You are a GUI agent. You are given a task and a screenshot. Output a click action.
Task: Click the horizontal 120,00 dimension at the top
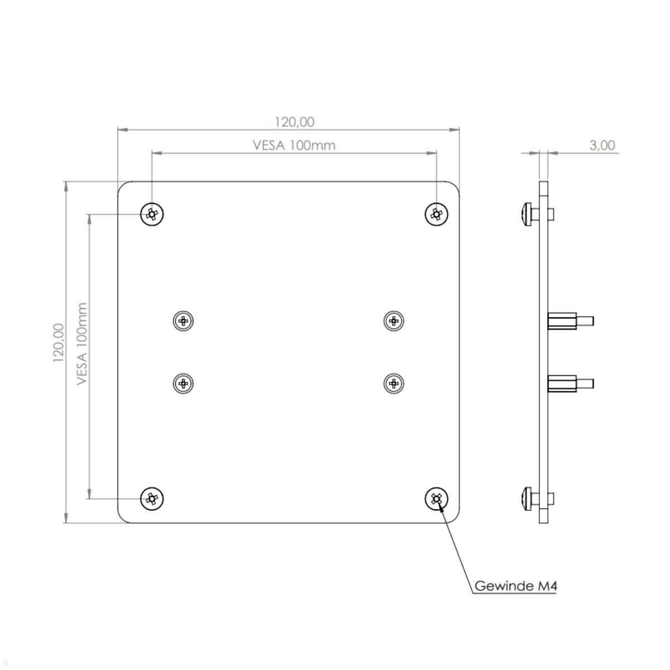point(294,122)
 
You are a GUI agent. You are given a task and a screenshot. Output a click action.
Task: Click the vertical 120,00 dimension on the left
point(59,342)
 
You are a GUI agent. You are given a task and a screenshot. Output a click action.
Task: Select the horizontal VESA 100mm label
point(294,145)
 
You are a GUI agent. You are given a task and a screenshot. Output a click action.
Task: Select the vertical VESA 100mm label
point(83,343)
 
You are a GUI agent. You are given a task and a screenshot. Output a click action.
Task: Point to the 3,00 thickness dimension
point(602,146)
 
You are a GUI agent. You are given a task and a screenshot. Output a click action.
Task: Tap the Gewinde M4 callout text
point(515,586)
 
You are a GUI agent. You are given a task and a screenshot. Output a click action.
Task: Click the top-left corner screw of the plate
point(152,214)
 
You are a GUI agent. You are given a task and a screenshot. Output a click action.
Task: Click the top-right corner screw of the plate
point(437,214)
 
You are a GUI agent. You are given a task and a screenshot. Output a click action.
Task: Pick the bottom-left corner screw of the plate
point(152,498)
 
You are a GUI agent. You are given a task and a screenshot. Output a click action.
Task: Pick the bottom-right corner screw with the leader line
point(437,498)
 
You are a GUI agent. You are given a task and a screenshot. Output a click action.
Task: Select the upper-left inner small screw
point(183,320)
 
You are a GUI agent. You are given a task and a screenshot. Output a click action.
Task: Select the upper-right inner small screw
point(394,320)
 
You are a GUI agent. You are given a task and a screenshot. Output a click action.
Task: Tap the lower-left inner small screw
point(183,383)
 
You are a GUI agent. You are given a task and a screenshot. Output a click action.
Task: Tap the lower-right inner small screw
point(394,383)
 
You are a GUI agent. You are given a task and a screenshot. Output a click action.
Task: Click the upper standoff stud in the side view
point(569,321)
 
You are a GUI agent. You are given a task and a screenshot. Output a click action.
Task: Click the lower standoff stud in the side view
point(569,384)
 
